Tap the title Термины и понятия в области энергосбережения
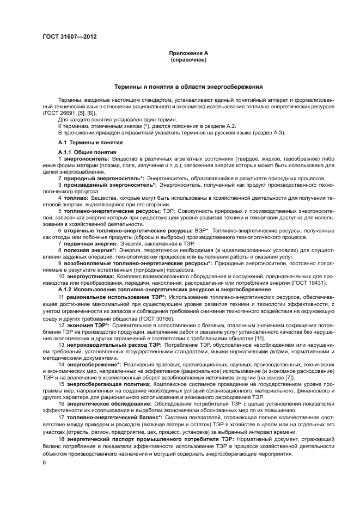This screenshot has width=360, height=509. [188, 87]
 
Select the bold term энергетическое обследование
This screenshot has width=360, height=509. [109, 404]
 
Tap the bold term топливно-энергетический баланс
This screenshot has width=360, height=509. [111, 417]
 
